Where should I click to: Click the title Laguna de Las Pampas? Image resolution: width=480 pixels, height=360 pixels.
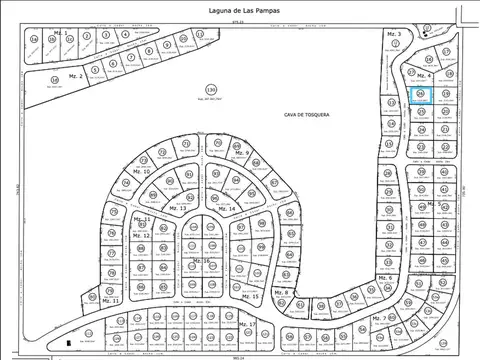(238, 10)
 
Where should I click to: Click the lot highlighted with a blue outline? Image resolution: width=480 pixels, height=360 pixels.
(421, 95)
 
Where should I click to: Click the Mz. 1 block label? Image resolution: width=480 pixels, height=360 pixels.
(61, 33)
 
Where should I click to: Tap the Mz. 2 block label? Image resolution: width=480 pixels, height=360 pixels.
(75, 76)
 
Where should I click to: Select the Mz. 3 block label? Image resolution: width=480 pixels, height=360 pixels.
(393, 35)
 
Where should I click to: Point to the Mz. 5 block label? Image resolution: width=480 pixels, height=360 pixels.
(443, 204)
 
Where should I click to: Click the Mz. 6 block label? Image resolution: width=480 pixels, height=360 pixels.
(384, 277)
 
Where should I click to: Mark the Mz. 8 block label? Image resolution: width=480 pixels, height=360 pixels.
(280, 292)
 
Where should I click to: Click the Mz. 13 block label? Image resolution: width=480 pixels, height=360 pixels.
(177, 208)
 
